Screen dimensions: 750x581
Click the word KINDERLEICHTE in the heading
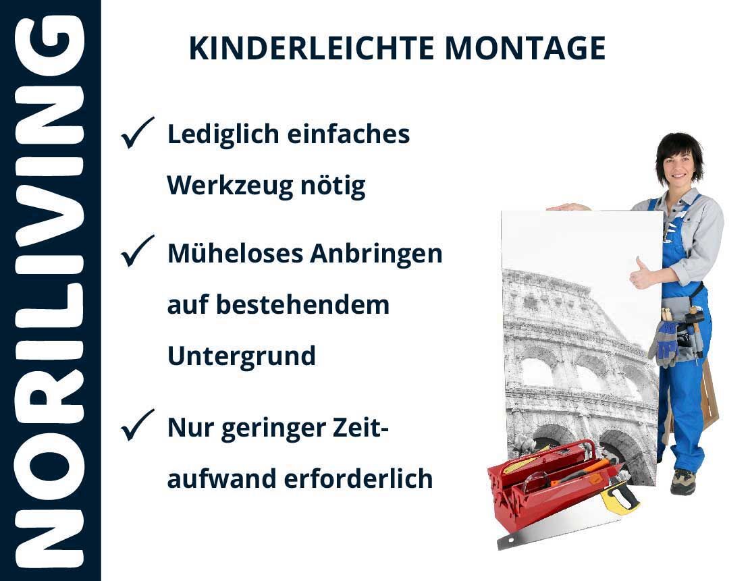click(311, 49)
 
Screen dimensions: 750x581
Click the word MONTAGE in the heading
click(525, 49)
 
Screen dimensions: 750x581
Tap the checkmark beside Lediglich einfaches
click(137, 133)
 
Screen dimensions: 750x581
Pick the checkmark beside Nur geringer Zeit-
click(137, 425)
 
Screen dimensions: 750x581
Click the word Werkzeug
click(229, 186)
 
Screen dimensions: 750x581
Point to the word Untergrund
click(242, 356)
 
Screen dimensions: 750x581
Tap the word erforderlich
click(358, 478)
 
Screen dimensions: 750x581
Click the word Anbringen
click(376, 254)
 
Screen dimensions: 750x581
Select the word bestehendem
click(303, 305)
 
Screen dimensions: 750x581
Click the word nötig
click(333, 186)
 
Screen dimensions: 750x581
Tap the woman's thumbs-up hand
click(641, 274)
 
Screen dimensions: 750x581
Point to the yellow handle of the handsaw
click(620, 497)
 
